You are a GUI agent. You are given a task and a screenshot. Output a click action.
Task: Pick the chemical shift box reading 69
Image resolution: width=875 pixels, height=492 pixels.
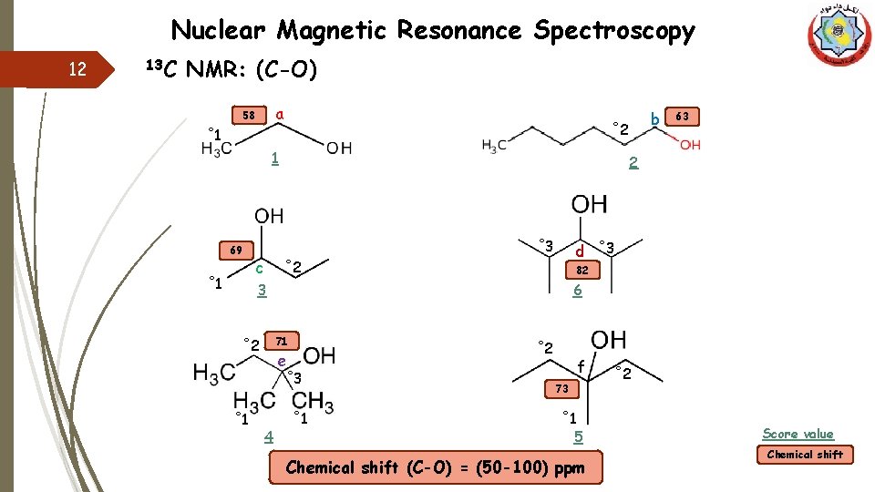pyautogui.click(x=236, y=250)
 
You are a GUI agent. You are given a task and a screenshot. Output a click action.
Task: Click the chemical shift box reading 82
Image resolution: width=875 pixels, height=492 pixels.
pyautogui.click(x=583, y=271)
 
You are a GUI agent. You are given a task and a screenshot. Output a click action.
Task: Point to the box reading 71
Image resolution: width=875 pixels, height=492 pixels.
pyautogui.click(x=282, y=341)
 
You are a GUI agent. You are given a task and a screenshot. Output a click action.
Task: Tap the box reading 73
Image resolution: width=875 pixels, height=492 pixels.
pyautogui.click(x=562, y=389)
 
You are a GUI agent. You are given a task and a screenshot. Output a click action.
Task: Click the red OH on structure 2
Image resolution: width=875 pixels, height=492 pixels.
pyautogui.click(x=690, y=145)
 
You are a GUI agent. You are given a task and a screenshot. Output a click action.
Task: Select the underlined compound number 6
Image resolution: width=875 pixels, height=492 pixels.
pyautogui.click(x=577, y=291)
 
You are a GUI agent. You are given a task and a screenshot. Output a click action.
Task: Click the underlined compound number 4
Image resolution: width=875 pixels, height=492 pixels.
pyautogui.click(x=268, y=436)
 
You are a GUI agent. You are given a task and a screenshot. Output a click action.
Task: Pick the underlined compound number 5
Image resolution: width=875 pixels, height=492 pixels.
pyautogui.click(x=578, y=436)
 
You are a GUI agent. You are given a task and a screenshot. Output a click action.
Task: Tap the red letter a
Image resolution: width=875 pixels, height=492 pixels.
pyautogui.click(x=281, y=114)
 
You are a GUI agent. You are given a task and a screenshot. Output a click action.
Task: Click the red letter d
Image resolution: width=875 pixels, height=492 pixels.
pyautogui.click(x=579, y=250)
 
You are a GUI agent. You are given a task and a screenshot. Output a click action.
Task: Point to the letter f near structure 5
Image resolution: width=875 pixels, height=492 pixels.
pyautogui.click(x=581, y=366)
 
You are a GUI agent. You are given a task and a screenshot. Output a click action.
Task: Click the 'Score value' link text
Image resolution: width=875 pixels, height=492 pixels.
pyautogui.click(x=798, y=435)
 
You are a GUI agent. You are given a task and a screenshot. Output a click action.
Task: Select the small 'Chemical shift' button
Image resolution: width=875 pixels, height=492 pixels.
pyautogui.click(x=805, y=454)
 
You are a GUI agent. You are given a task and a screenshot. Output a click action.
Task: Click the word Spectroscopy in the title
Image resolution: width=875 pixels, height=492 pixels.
pyautogui.click(x=614, y=32)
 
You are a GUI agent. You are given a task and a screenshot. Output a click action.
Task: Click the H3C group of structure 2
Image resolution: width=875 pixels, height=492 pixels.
pyautogui.click(x=494, y=145)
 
